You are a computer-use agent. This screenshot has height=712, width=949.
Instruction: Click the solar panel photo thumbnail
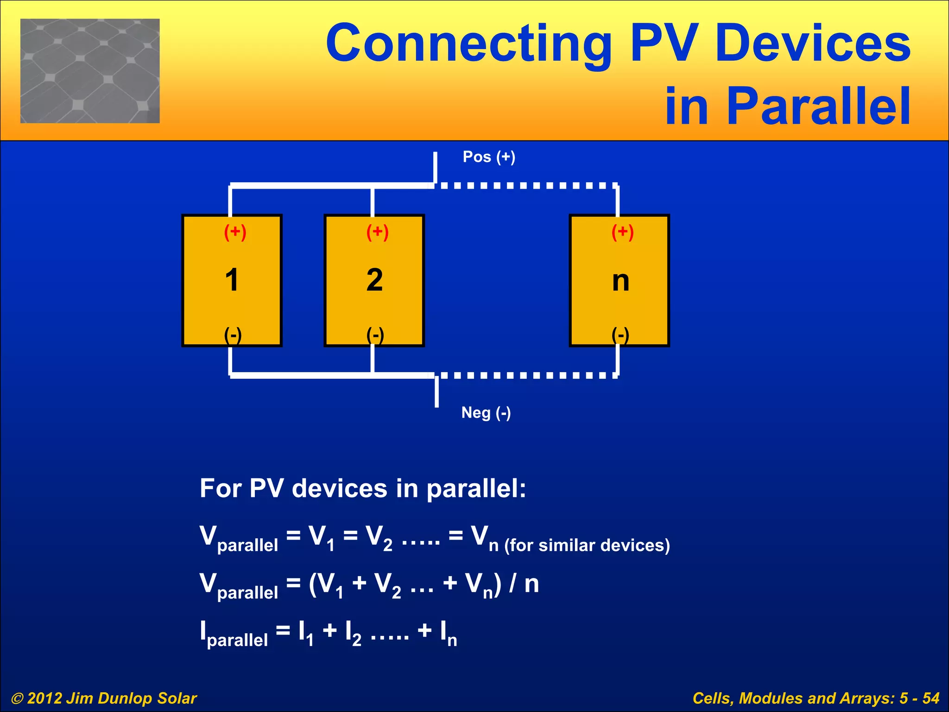pyautogui.click(x=90, y=71)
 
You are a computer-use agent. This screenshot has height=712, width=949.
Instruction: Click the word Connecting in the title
pyautogui.click(x=468, y=44)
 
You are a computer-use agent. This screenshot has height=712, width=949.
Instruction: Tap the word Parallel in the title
pyautogui.click(x=818, y=107)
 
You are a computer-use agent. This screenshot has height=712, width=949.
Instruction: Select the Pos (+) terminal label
pyautogui.click(x=489, y=157)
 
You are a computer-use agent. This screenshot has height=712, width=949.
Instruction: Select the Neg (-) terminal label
pyautogui.click(x=486, y=413)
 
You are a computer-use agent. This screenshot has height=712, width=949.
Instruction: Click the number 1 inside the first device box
pyautogui.click(x=232, y=280)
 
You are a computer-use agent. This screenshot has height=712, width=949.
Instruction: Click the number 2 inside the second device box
pyautogui.click(x=374, y=280)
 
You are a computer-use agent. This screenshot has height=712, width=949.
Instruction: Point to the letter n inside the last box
pyautogui.click(x=620, y=281)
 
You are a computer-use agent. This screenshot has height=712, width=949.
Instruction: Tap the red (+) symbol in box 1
pyautogui.click(x=235, y=232)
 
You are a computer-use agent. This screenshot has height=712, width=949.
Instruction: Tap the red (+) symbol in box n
pyautogui.click(x=622, y=232)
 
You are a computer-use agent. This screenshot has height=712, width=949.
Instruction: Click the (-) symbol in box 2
pyautogui.click(x=375, y=335)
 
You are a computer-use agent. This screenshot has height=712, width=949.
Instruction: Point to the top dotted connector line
pyautogui.click(x=526, y=185)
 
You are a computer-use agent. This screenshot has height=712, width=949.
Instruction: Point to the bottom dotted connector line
pyautogui.click(x=526, y=375)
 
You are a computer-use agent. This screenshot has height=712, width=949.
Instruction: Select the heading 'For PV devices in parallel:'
pyautogui.click(x=363, y=488)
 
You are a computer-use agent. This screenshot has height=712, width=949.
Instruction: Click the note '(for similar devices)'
pyautogui.click(x=587, y=546)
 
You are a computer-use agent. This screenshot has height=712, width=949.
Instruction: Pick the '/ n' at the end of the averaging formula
pyautogui.click(x=524, y=584)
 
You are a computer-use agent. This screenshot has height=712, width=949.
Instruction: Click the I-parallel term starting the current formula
pyautogui.click(x=234, y=634)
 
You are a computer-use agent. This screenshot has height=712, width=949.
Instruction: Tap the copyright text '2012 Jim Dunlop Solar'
pyautogui.click(x=111, y=698)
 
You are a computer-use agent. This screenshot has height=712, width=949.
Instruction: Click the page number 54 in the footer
pyautogui.click(x=930, y=698)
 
